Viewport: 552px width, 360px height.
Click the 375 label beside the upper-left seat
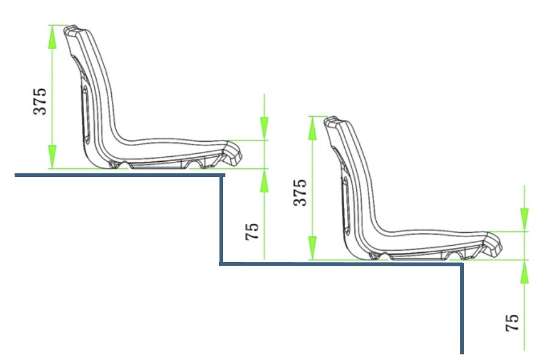[x=40, y=102]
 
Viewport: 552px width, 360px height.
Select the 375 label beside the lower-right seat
[x=300, y=192]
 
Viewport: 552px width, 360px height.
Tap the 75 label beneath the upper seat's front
[x=252, y=232]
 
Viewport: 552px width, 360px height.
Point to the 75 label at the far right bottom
[x=512, y=323]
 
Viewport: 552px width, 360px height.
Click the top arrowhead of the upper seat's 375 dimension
[x=52, y=36]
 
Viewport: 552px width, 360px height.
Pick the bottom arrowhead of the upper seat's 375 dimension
[x=52, y=157]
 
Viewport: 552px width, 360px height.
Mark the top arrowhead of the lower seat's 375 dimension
[x=312, y=128]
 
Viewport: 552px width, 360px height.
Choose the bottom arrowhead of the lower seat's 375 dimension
[x=312, y=248]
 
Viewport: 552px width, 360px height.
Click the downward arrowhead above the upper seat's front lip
[x=264, y=128]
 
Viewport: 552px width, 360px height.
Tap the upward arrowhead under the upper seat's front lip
[x=264, y=181]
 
